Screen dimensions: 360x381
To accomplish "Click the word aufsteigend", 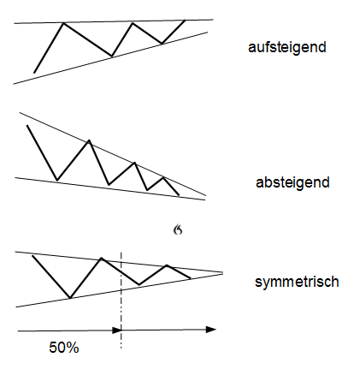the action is pos(287,48).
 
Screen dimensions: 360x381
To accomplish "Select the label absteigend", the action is pos(292,182).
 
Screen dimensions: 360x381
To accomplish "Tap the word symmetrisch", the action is pos(297,282).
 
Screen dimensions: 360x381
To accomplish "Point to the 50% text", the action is pos(64,348).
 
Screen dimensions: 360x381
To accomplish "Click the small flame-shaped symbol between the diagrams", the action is pos(178,229).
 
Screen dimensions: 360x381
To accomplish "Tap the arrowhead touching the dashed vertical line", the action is pos(117,330).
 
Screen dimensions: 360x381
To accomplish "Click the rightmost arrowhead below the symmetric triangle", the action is pos(211,330).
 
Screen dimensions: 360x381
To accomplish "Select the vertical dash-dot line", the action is pos(121,301).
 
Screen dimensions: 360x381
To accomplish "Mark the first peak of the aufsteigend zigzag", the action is pos(63,23).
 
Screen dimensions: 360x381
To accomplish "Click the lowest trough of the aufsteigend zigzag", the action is pos(112,56).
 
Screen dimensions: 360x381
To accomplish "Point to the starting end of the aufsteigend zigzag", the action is pos(34,73).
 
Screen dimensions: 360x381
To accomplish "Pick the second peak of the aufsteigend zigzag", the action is pos(133,23).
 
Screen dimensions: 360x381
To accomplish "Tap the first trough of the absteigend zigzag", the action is pos(57,181).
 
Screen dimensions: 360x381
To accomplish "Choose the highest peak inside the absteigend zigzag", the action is pos(89,140).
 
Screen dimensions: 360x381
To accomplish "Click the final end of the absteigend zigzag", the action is pos(180,195).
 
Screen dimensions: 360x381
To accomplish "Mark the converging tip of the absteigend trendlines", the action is pos(205,198).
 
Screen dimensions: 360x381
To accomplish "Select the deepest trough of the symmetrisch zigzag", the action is pos(70,298).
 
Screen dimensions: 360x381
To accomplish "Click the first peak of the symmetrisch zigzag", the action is pos(101,258).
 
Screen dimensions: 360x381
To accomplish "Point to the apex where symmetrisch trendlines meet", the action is pos(222,273).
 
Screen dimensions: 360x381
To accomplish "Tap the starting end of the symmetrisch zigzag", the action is pos(32,256).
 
